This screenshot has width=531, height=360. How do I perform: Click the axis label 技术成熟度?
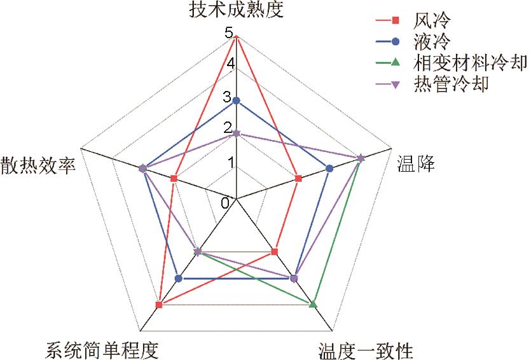coord(236,10)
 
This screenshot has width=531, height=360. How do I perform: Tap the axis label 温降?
coord(416,163)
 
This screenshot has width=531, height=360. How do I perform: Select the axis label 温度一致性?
coord(366,350)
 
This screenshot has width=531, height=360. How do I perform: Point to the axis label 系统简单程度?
coord(102,350)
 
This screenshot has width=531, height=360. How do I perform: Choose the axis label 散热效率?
coord(38,165)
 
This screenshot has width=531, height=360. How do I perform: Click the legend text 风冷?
coord(432,20)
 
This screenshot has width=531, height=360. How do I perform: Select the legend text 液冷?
coord(432,41)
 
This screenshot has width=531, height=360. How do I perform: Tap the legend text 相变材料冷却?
coord(470,63)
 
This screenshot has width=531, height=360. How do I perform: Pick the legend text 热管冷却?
coord(451,84)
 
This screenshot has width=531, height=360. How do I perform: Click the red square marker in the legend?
coord(395,20)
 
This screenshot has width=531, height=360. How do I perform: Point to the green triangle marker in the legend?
coord(395,62)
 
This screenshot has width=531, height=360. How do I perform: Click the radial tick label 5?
coord(228,33)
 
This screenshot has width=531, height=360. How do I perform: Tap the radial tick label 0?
coord(225,203)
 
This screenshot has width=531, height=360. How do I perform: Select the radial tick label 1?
coord(231,163)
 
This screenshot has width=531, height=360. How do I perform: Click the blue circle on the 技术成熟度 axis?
coord(237,100)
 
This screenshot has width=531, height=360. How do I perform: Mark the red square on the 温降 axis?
coord(298,179)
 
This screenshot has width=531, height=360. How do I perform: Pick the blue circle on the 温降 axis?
coord(329,169)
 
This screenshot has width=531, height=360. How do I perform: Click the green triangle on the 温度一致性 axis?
coord(314,305)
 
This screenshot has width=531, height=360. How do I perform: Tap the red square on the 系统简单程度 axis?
coord(159,305)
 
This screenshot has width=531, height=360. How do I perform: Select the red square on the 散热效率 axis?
coord(174,178)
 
